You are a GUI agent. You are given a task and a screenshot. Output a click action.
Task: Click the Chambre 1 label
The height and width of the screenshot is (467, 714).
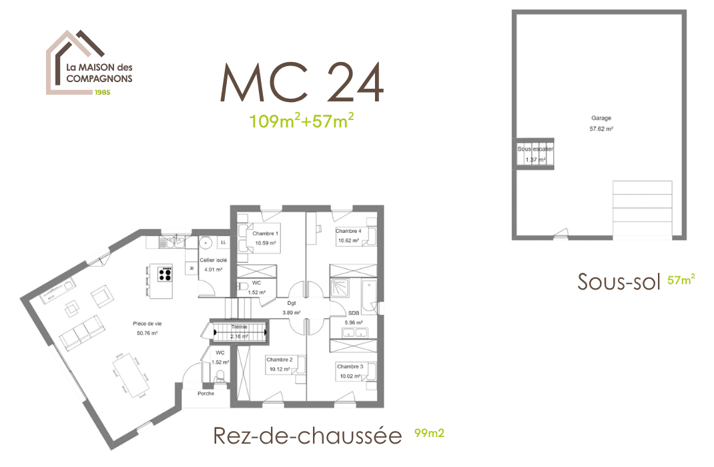pos(265,233)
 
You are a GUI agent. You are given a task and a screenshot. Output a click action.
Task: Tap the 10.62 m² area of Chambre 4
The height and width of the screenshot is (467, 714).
pos(349,240)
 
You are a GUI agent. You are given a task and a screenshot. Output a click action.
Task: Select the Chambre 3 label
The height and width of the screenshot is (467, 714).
pos(350,366)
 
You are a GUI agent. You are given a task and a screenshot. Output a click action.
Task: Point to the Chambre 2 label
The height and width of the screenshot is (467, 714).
pos(281,359)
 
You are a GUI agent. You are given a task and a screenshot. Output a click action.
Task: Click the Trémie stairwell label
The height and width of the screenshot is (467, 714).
pos(240,327)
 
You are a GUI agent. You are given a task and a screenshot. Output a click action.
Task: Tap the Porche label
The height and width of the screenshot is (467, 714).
pos(206,394)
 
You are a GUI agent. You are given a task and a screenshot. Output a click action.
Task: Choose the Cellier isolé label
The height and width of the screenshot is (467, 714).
pos(214,260)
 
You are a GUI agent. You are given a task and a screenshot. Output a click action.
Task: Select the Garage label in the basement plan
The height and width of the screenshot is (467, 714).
pos(601,118)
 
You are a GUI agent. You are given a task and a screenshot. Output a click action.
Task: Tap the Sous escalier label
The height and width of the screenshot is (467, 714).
pos(535,149)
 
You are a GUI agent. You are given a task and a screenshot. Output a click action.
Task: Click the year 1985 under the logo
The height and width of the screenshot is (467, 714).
pos(101,93)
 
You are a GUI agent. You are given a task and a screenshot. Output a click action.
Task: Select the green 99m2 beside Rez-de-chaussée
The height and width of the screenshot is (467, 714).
pos(429,433)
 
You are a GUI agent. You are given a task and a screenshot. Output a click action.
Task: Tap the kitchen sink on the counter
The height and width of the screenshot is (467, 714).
pos(175,240)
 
